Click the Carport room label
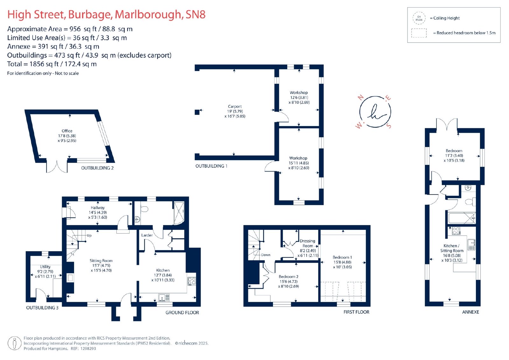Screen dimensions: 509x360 click(x=235, y=106)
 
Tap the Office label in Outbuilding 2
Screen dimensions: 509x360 click(x=67, y=131)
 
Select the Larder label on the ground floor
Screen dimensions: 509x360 click(x=147, y=235)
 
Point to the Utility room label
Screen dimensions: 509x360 click(x=45, y=266)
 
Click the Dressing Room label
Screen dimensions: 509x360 click(x=307, y=243)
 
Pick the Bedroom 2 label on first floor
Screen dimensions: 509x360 click(x=288, y=277)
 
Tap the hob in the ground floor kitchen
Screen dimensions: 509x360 click(x=192, y=281)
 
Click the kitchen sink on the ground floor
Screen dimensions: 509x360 click(x=164, y=297)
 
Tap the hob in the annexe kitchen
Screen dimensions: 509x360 click(x=456, y=230)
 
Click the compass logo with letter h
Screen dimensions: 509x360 click(x=375, y=112)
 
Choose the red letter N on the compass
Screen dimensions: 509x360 click(x=360, y=98)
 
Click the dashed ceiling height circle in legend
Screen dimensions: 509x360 click(x=419, y=18)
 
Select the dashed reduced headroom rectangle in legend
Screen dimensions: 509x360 click(x=419, y=33)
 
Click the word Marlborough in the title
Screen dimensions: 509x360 click(x=148, y=15)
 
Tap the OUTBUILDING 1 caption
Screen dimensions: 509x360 click(x=211, y=166)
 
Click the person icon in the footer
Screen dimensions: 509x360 click(x=15, y=343)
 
